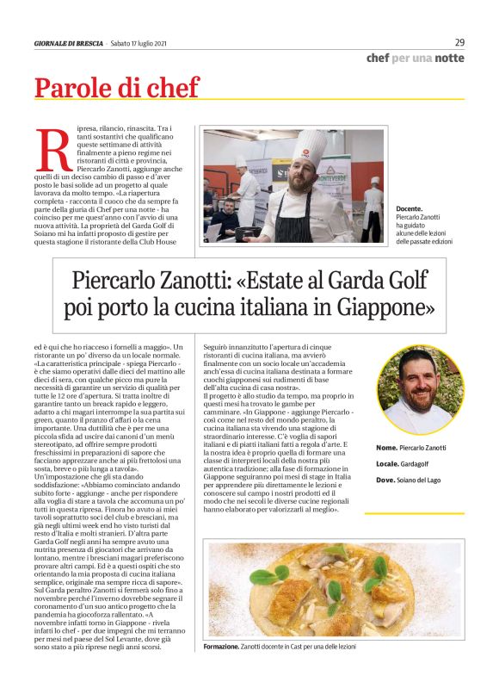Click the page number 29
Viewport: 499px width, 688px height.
[x=459, y=42]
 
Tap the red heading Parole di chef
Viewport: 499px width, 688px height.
[x=116, y=88]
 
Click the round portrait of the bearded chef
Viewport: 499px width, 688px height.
[x=416, y=388]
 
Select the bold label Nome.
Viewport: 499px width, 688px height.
[x=387, y=449]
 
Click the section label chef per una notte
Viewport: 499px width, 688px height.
[x=415, y=58]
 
